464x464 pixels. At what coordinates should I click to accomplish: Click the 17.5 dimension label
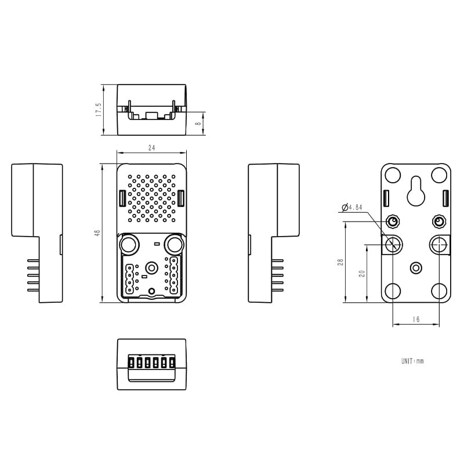tap(99, 110)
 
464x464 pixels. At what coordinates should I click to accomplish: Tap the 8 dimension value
tap(198, 124)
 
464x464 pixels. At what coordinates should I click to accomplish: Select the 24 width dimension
tap(151, 148)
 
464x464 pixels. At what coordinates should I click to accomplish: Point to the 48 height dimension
tap(97, 233)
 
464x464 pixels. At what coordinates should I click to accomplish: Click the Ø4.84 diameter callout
tap(352, 208)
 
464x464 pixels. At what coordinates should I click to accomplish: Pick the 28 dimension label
tap(340, 262)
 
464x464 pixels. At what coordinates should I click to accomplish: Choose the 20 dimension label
tap(361, 273)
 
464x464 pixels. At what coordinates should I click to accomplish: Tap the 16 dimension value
tap(416, 320)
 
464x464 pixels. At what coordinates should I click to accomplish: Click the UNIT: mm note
tap(412, 361)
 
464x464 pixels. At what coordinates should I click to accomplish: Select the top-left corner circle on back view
tap(393, 175)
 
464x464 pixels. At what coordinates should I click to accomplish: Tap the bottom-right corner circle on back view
tap(439, 291)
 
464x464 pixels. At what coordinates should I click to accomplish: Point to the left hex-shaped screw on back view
tap(393, 222)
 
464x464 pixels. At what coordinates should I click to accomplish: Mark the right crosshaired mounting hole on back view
tap(440, 245)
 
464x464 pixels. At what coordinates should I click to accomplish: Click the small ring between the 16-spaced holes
tap(416, 268)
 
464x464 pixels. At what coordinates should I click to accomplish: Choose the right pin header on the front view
tap(174, 275)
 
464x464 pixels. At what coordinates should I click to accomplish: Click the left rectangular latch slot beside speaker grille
tap(122, 198)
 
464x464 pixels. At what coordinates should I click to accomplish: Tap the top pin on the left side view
tap(33, 260)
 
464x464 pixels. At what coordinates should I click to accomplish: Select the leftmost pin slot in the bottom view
tap(131, 362)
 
